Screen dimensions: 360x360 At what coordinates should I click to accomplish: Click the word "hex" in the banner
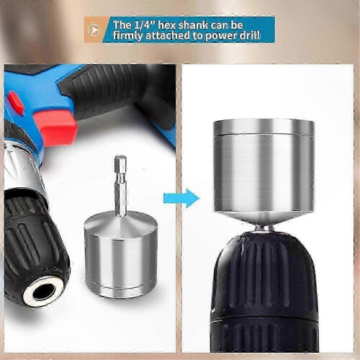[167, 25]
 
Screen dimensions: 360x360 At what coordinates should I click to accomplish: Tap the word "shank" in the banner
[193, 25]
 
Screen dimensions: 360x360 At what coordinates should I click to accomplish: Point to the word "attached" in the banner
[168, 35]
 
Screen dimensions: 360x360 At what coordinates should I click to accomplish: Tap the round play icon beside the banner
[94, 30]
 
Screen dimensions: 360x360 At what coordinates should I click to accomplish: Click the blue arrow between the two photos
[181, 198]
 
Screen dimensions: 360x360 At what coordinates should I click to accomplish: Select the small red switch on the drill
[15, 102]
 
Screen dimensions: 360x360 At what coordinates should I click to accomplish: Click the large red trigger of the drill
[55, 127]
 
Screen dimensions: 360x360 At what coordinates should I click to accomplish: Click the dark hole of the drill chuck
[44, 292]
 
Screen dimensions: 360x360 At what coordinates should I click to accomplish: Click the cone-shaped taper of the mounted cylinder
[264, 218]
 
